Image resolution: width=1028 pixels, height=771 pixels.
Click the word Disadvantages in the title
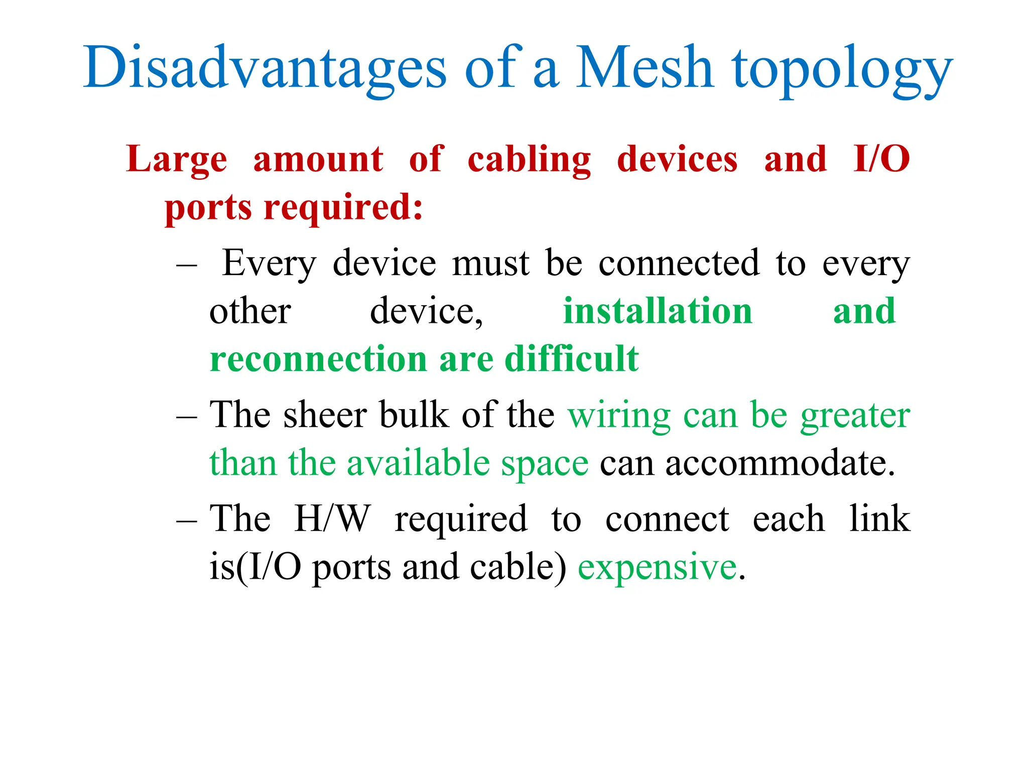coord(265,68)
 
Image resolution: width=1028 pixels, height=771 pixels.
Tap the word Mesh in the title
coord(645,68)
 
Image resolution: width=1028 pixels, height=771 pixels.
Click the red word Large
coord(177,160)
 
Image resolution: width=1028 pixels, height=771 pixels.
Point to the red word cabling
coord(529,160)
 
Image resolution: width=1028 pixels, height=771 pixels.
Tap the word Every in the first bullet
coord(269,264)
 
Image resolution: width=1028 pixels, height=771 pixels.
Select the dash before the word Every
coord(187,265)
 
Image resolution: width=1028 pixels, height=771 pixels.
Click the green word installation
coord(658,311)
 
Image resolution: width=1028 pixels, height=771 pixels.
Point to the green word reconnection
coord(318,359)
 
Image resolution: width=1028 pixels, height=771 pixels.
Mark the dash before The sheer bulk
coord(187,417)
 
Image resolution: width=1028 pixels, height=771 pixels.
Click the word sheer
coord(325,416)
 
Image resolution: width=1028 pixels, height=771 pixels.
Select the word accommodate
coord(780,463)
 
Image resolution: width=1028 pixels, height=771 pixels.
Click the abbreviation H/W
coord(333,518)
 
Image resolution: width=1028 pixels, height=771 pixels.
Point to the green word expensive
coord(658,567)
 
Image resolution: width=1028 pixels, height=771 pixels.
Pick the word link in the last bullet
coord(879,518)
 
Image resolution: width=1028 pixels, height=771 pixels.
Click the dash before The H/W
coord(187,520)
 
